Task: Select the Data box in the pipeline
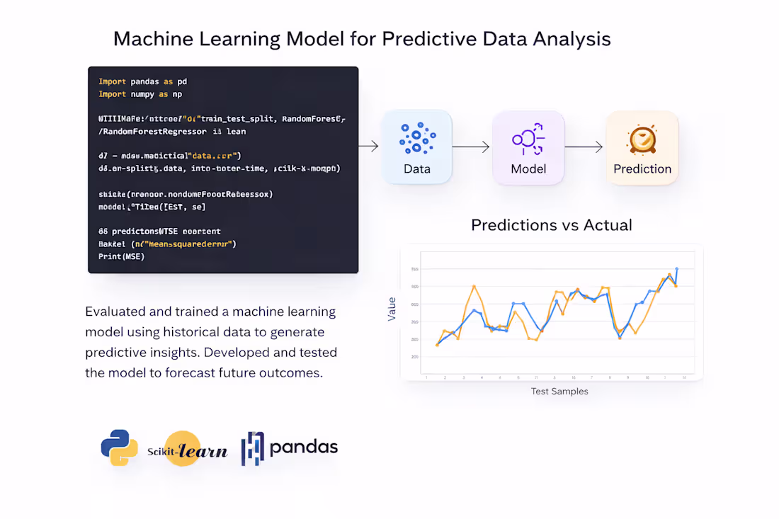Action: [x=416, y=147]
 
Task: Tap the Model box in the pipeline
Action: [x=528, y=147]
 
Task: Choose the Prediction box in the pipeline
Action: [x=642, y=147]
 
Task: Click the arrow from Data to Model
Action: [x=471, y=147]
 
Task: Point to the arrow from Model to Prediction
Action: [x=584, y=147]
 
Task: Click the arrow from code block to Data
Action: [x=368, y=147]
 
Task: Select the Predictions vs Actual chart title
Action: [x=552, y=225]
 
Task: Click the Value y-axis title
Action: [x=392, y=309]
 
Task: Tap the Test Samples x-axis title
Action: [x=559, y=391]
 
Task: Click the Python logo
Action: [x=119, y=447]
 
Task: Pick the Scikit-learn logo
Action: [x=187, y=449]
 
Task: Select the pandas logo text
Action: [x=304, y=447]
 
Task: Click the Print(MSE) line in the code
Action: [x=121, y=256]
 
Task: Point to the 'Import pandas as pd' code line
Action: [x=142, y=81]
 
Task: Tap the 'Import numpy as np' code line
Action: [x=140, y=94]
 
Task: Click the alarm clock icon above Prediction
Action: [x=642, y=139]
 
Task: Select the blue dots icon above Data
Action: [x=416, y=137]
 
